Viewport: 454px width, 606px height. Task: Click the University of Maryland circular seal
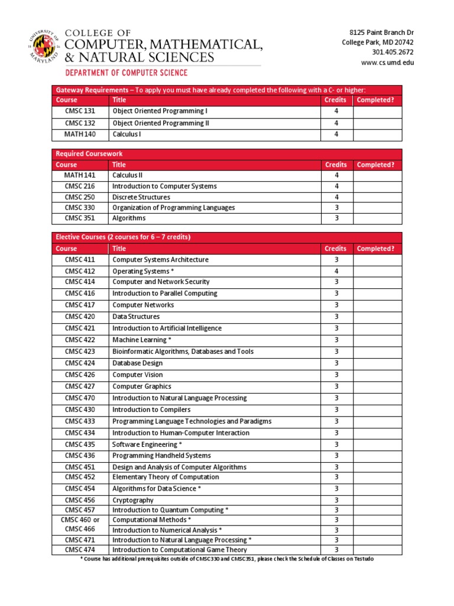tap(43, 47)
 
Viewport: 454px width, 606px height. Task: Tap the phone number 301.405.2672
tap(393, 52)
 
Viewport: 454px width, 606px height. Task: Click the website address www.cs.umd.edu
tap(387, 63)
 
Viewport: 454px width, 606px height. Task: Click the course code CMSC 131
tap(80, 111)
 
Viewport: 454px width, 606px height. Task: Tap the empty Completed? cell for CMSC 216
tap(377, 186)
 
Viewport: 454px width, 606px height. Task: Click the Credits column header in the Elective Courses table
tap(335, 249)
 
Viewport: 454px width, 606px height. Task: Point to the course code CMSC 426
tap(80, 375)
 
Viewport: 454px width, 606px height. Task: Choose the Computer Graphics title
tap(142, 386)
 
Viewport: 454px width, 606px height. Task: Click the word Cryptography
tap(133, 500)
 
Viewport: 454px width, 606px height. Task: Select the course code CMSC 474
tap(80, 550)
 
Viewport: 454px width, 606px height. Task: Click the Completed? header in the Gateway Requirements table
tap(375, 100)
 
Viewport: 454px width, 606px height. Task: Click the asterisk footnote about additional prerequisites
tap(227, 559)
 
